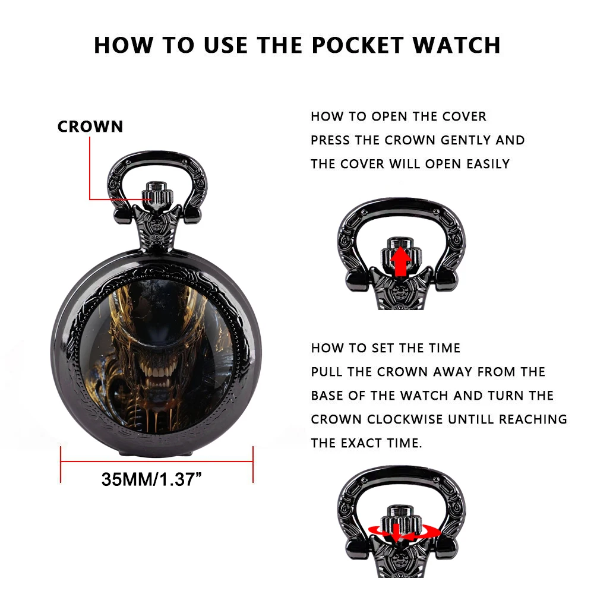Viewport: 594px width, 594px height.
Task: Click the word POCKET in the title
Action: (358, 46)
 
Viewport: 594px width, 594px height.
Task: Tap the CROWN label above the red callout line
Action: (90, 127)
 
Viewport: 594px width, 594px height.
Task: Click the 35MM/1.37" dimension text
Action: (151, 479)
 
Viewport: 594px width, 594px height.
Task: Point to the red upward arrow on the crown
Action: (400, 261)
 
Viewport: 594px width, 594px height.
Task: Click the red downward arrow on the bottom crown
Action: (396, 533)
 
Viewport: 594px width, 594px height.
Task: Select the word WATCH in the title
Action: (457, 46)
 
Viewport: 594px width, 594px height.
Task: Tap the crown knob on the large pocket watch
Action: (157, 195)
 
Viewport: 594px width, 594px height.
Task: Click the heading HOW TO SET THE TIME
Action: (386, 348)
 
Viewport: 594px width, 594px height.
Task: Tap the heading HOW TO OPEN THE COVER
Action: (399, 116)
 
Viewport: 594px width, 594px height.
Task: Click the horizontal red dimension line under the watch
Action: (157, 462)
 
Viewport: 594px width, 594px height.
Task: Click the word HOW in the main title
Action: (123, 46)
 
